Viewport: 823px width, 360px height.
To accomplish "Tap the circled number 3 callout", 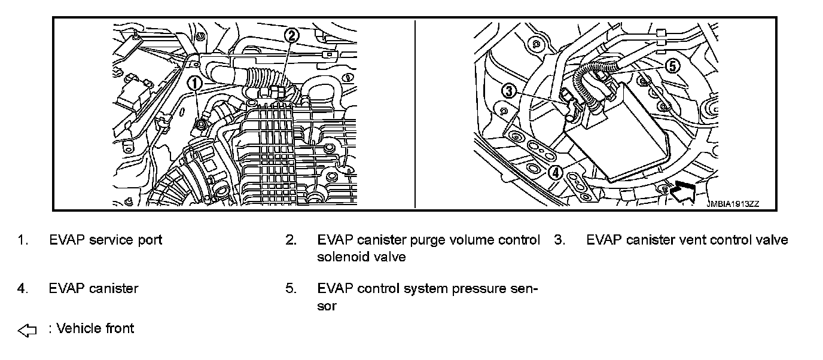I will coord(508,91).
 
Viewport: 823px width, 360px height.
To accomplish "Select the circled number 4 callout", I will coord(556,172).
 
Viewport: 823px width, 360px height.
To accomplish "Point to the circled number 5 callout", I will coord(672,66).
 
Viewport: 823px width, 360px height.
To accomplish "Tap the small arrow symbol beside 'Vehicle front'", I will coord(28,330).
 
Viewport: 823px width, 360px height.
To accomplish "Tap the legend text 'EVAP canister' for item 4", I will coord(93,289).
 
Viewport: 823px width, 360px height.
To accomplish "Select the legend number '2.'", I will coord(291,240).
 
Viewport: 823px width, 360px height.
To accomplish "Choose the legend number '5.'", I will coord(291,289).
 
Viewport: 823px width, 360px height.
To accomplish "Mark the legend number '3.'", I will coord(559,240).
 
